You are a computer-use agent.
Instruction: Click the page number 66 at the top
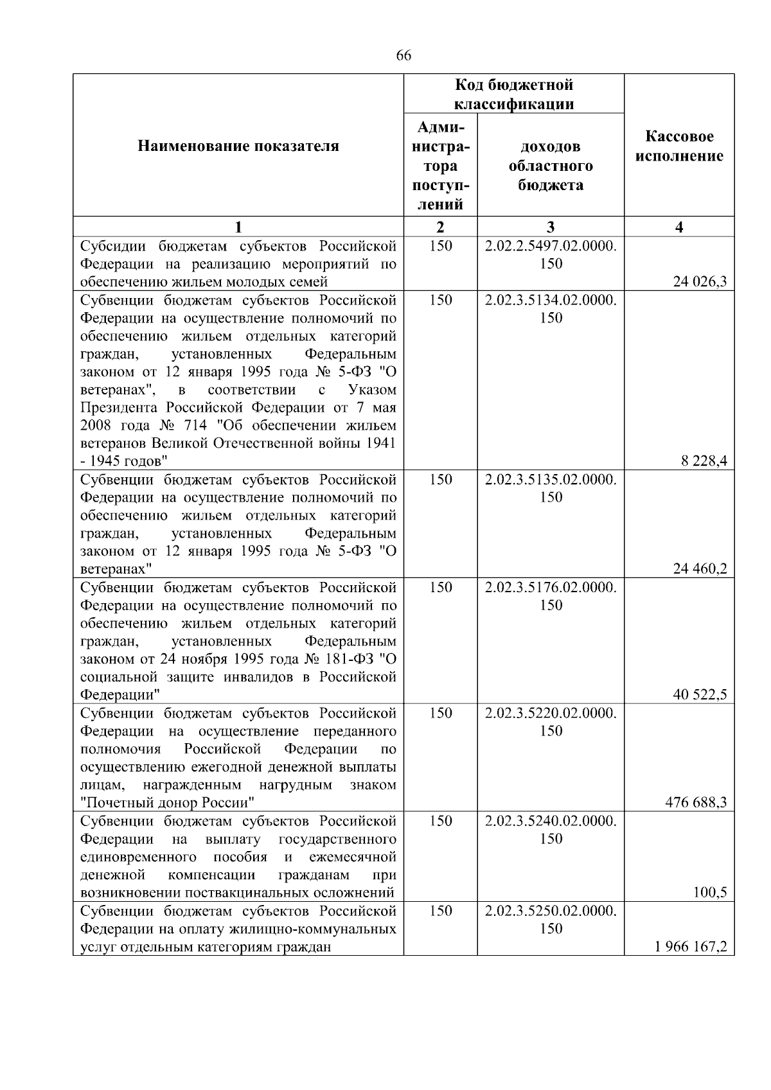pyautogui.click(x=403, y=56)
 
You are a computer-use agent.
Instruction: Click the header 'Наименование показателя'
pyautogui.click(x=238, y=146)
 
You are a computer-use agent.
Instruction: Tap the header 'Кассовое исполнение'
pyautogui.click(x=679, y=146)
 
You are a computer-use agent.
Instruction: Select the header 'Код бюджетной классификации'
pyautogui.click(x=514, y=94)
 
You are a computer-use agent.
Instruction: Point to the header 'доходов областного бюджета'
pyautogui.click(x=551, y=166)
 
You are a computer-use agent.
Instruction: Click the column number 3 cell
pyautogui.click(x=551, y=227)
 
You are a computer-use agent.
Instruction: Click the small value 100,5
pyautogui.click(x=711, y=892)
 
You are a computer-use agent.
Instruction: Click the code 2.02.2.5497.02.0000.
pyautogui.click(x=551, y=245)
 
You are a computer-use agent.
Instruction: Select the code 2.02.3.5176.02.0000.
pyautogui.click(x=551, y=587)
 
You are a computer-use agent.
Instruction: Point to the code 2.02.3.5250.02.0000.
pyautogui.click(x=551, y=911)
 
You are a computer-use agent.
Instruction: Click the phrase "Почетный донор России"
pyautogui.click(x=168, y=802)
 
